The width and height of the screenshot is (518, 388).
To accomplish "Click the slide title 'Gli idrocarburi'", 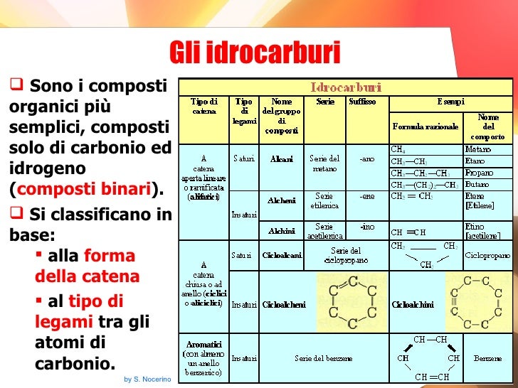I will (x=255, y=52).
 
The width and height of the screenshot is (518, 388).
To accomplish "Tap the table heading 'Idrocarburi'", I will (x=345, y=87).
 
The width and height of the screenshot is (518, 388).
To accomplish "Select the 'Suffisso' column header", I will (x=362, y=102).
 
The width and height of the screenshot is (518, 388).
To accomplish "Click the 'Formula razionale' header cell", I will (x=423, y=127).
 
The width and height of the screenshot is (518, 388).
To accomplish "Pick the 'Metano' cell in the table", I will (x=477, y=149).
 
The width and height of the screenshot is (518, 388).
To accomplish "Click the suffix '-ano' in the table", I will (x=366, y=160).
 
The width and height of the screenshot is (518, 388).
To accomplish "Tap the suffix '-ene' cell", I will (x=366, y=196).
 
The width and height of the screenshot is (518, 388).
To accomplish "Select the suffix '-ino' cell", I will (x=366, y=227).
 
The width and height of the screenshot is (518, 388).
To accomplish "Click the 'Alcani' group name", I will (x=281, y=160).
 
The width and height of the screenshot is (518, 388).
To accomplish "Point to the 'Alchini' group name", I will (x=281, y=231).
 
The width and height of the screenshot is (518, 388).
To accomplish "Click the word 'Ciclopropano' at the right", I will (x=487, y=254).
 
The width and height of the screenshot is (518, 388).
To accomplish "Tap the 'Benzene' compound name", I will (x=488, y=358).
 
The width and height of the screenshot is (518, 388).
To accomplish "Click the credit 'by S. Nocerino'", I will (x=147, y=379).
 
